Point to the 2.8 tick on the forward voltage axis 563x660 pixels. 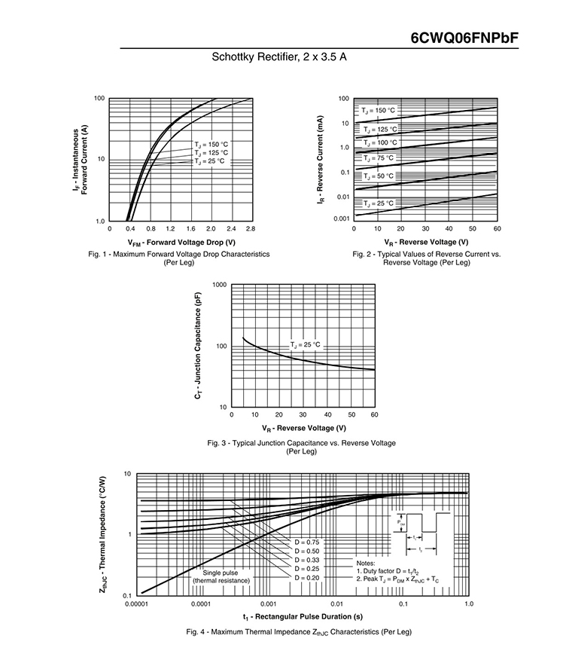tap(251, 228)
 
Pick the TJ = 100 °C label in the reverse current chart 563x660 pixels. tap(379, 142)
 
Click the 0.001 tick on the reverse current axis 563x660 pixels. tap(341, 218)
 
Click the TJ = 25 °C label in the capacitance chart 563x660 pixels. tap(305, 344)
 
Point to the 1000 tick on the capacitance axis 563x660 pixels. tap(219, 285)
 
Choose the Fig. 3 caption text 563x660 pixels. tap(301, 447)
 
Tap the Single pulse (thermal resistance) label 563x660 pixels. tap(221, 576)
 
